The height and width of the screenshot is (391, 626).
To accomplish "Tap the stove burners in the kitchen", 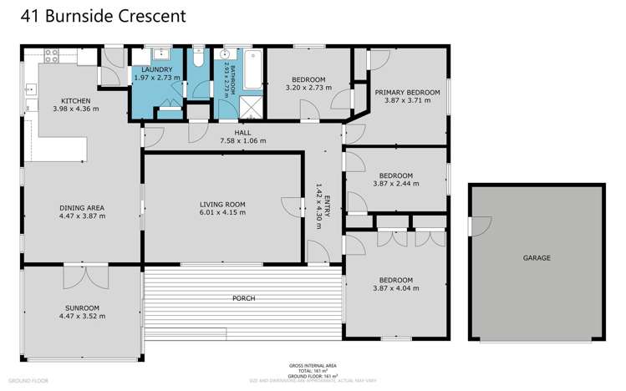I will coord(49,58).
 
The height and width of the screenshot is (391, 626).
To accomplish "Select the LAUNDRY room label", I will coord(156,70).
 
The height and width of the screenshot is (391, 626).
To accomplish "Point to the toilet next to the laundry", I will coord(197,59).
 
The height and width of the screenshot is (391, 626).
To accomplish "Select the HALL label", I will coord(242,133).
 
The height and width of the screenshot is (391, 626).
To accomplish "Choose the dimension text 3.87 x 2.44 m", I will coord(394,184).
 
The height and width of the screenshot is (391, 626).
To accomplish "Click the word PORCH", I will coord(243,298).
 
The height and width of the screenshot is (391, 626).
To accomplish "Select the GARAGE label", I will coord(536,258).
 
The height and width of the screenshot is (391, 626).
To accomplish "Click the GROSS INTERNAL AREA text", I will coord(313,366).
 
